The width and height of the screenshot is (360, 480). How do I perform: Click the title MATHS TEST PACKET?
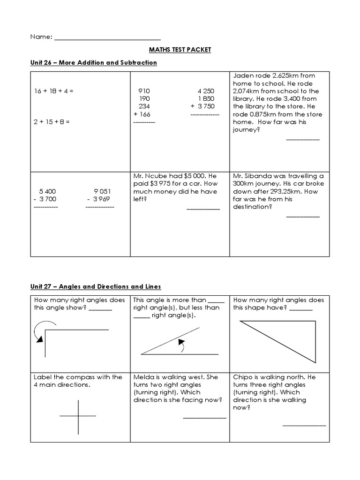180,50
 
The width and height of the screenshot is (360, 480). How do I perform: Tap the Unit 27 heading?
96,286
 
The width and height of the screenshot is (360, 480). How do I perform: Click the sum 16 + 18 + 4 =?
53,91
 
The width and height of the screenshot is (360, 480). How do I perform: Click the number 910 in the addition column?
144,91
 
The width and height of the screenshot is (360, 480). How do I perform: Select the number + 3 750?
202,106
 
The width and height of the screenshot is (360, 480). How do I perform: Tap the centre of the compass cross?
78,416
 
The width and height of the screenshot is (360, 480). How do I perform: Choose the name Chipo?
242,377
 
